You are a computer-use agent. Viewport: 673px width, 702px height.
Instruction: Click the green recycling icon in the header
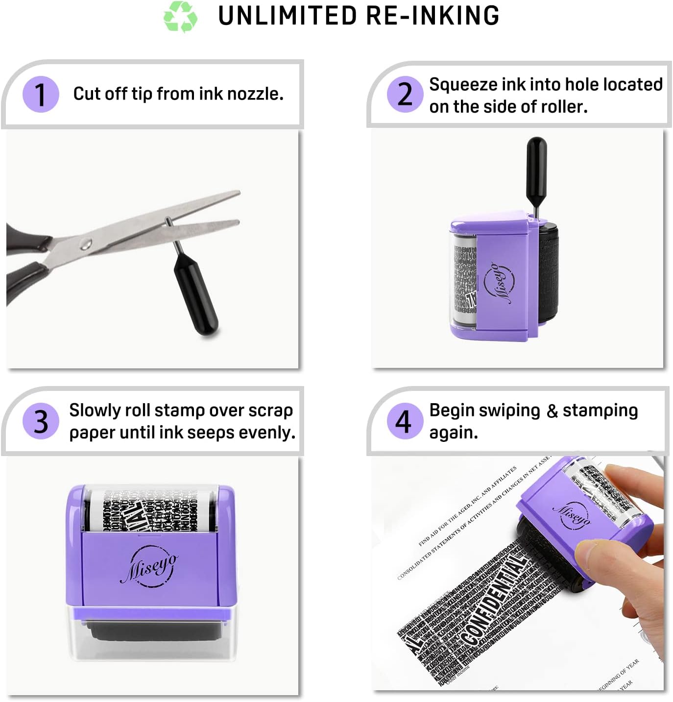(180, 17)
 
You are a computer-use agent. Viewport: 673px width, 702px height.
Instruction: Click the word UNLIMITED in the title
(288, 16)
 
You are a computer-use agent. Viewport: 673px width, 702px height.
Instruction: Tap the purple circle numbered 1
(41, 94)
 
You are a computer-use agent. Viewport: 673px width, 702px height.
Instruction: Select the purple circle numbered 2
(405, 94)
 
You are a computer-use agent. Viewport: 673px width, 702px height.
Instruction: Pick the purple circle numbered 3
(41, 421)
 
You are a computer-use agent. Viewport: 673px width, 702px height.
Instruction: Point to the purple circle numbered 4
(405, 421)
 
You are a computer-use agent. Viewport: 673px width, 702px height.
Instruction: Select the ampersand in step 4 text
(552, 411)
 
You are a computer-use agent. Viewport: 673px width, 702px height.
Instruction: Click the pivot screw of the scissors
(86, 243)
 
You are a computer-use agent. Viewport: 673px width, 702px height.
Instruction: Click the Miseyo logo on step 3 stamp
(149, 566)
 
